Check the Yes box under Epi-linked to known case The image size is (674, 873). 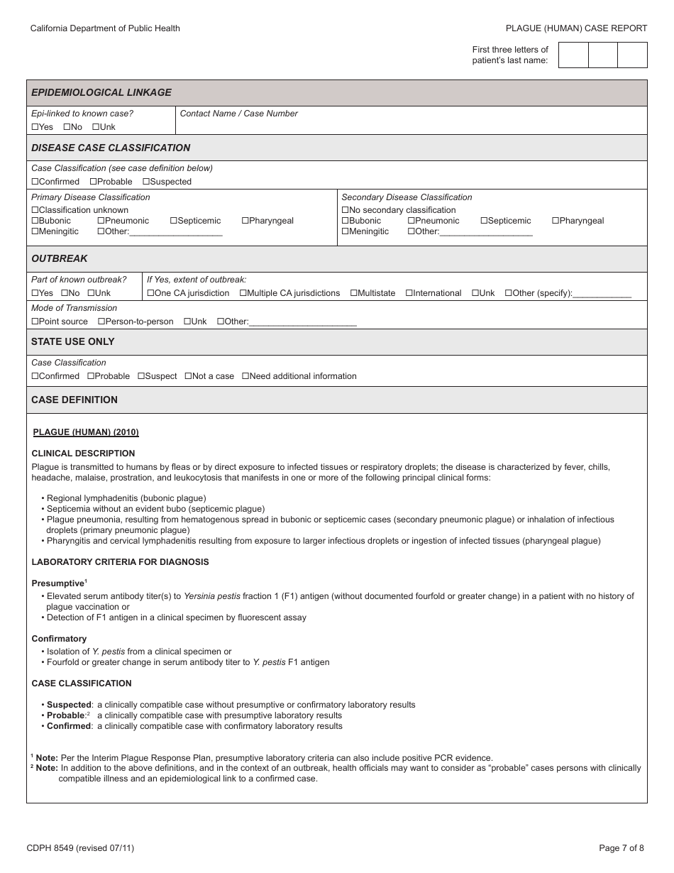coord(35,127)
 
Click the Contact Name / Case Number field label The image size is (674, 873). coord(238,114)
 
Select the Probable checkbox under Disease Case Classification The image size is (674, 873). coord(93,182)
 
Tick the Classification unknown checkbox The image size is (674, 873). coord(35,210)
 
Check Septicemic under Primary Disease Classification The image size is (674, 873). coord(174,221)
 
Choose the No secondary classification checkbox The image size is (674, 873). coord(346,210)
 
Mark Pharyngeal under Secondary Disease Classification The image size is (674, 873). coord(556,221)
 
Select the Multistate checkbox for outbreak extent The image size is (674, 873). coord(354,293)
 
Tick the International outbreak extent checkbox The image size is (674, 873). coord(409,293)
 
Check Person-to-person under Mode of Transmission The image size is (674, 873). coord(101,322)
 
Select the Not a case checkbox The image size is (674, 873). coord(188,376)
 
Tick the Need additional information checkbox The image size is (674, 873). coord(245,376)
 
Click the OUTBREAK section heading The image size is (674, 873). coord(60,258)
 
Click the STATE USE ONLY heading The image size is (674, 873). coord(72,341)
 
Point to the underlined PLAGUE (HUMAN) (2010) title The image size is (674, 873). coord(86,432)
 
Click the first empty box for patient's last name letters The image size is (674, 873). coord(573,55)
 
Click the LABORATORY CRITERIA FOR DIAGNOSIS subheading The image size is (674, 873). coord(120,562)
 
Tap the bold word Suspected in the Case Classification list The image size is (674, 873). coord(69,705)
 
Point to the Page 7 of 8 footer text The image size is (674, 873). coord(621,847)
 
